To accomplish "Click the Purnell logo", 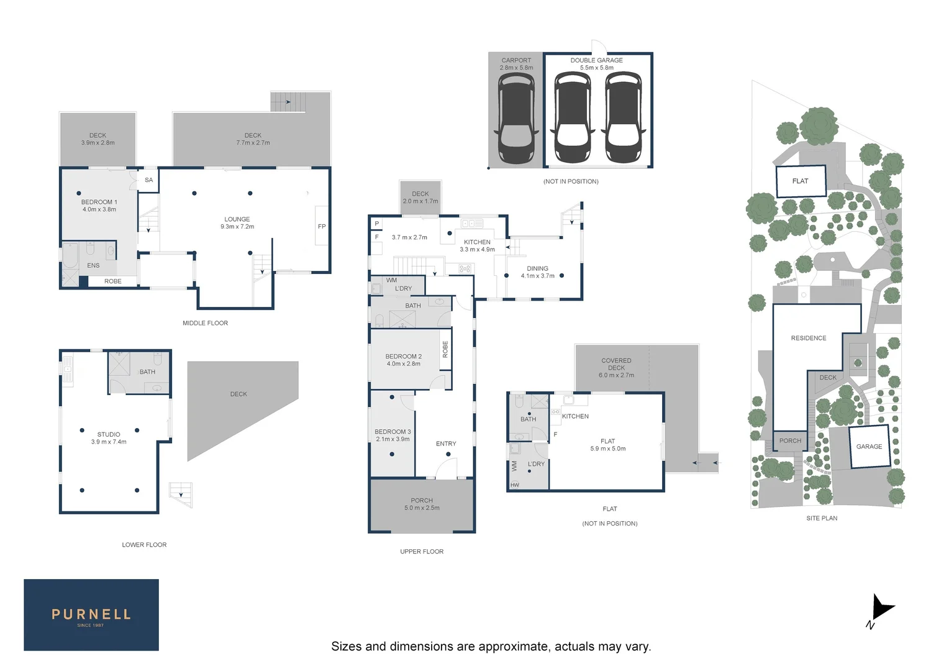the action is (91, 614).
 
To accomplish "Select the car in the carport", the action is (516, 118).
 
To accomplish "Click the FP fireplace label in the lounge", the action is (322, 226).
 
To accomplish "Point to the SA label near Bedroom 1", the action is (148, 180).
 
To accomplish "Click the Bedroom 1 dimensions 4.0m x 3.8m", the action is (99, 209).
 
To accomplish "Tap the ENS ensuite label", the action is (93, 265).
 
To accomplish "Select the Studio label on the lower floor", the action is (109, 434).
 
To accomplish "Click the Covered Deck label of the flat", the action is (617, 364).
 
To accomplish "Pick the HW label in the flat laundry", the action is (515, 485).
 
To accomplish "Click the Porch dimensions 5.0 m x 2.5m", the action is (422, 508).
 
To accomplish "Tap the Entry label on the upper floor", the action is (446, 444).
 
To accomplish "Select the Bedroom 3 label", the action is (393, 432).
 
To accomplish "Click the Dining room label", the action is (538, 269).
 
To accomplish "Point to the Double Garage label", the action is (596, 61).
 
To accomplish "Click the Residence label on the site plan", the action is (809, 338).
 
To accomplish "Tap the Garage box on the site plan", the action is (869, 447).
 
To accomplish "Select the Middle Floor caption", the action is (205, 323).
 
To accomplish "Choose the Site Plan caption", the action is (822, 518).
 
